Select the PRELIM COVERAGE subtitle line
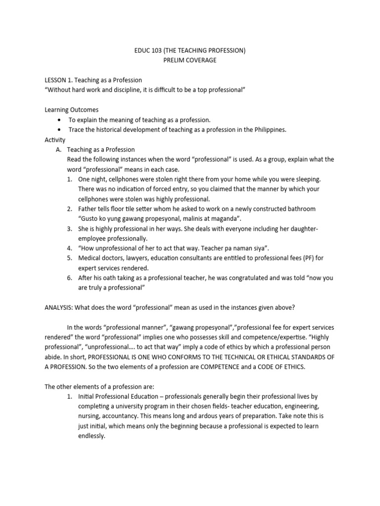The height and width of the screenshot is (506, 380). tap(190, 60)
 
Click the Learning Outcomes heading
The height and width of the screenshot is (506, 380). tap(72, 110)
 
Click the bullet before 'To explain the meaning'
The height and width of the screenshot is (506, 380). tap(60, 120)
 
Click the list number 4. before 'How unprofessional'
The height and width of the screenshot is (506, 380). tap(70, 248)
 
